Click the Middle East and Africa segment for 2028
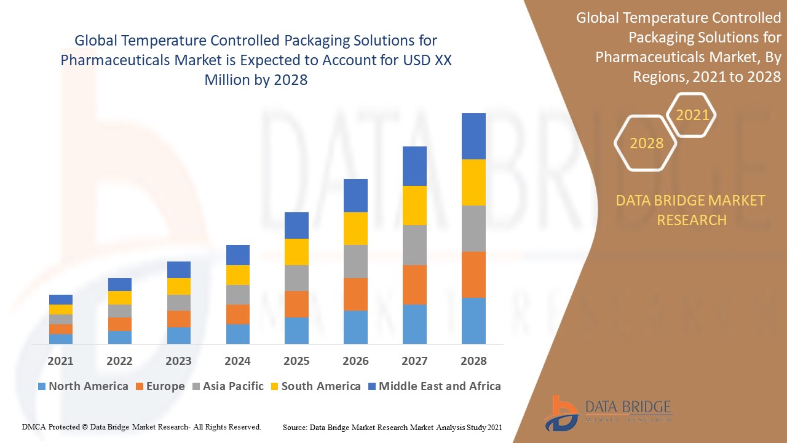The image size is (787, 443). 473,136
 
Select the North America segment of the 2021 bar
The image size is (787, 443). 61,338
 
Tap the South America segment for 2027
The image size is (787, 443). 414,206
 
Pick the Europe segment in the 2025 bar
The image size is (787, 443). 296,304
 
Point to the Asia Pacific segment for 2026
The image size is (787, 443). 355,261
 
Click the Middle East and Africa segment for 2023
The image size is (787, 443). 179,269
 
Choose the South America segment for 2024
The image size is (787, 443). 238,275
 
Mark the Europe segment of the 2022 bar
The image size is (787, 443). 120,324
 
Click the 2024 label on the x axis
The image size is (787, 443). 238,361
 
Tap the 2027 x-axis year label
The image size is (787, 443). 414,361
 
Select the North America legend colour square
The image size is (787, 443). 42,387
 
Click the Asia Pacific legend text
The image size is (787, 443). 233,386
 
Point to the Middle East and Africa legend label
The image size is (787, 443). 440,386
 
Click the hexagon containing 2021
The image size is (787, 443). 692,115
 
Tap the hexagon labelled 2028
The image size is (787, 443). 646,143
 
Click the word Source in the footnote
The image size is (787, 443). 295,426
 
